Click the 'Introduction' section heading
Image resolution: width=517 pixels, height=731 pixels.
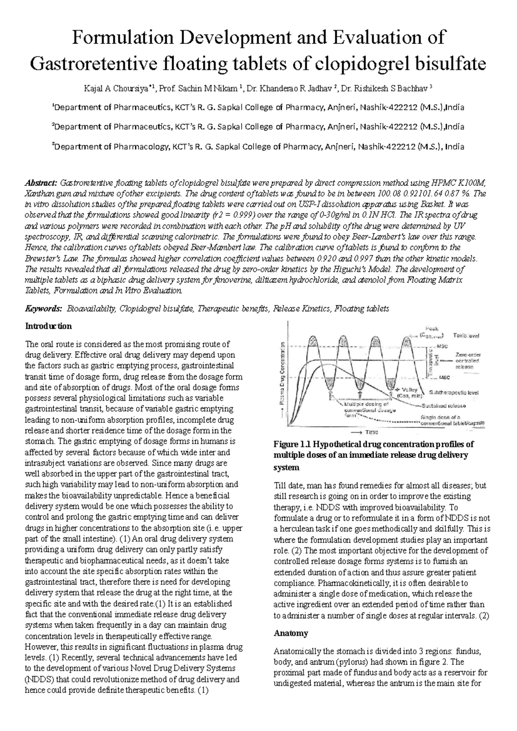pos(49,326)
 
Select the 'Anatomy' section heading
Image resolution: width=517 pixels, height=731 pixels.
pos(291,633)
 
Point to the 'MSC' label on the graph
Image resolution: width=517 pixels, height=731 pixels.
pos(442,346)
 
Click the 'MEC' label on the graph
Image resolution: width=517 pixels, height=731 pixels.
pos(444,378)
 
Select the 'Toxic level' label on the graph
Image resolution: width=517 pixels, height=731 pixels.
pos(466,335)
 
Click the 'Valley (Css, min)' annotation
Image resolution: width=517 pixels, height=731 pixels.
pos(414,391)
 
